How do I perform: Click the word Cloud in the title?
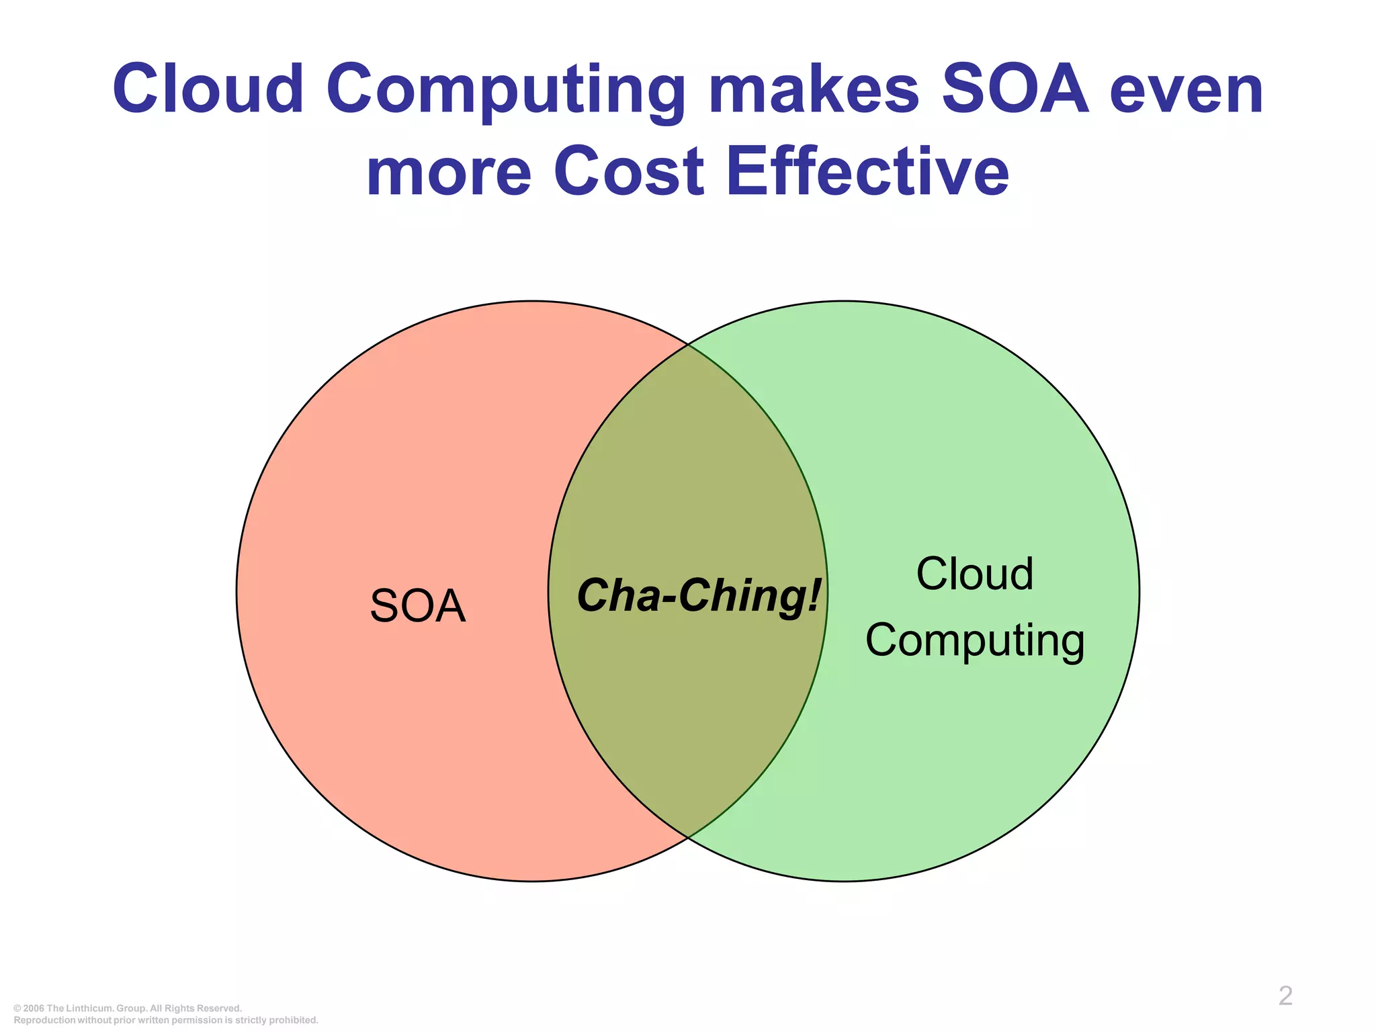208,89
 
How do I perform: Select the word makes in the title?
814,89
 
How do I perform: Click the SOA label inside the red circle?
417,607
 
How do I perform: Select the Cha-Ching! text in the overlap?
698,596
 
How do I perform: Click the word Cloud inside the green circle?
974,574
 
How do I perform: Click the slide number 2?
1285,996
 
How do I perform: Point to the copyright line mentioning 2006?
128,1008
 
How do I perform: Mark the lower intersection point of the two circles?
688,837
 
